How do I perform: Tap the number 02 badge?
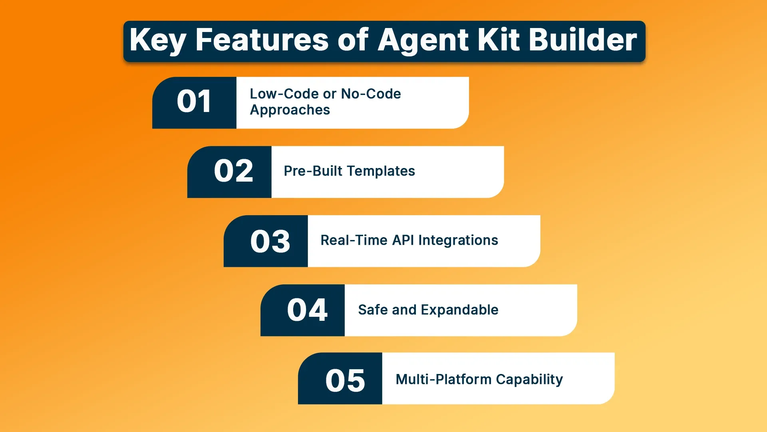tap(233, 171)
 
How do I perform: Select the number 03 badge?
tap(270, 242)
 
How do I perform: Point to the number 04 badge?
tap(307, 310)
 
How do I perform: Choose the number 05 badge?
tap(345, 380)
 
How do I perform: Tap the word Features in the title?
tap(262, 40)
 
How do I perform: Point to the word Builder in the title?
tap(583, 40)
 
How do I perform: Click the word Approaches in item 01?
tap(290, 110)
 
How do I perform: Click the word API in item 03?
tap(403, 240)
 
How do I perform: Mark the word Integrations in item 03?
tap(458, 240)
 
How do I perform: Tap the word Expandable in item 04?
tap(459, 310)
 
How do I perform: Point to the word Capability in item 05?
tap(529, 380)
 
